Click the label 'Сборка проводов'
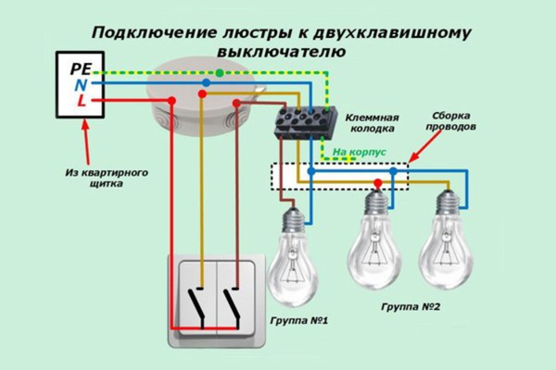tap(455, 123)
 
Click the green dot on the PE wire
tap(219, 71)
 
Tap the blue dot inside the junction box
tap(206, 83)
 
